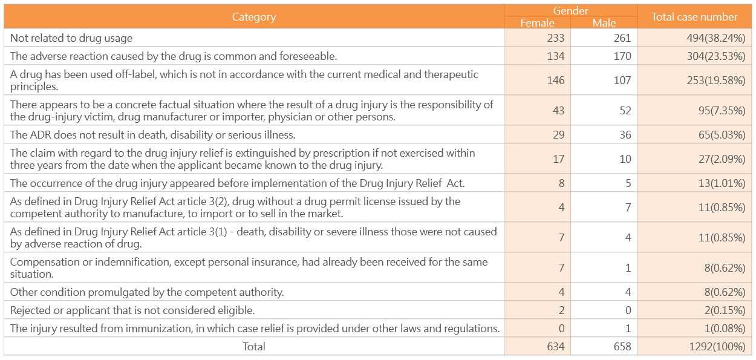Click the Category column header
pos(254,17)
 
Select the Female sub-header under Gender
pos(537,22)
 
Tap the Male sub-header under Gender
pos(604,22)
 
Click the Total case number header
pos(694,17)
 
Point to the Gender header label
pos(570,11)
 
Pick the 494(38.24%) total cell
pos(716,38)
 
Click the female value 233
pos(556,38)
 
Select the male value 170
pos(622,56)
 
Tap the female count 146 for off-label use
pos(556,80)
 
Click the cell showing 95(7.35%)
pos(722,111)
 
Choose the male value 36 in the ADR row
pos(625,135)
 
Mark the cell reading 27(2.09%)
pos(722,159)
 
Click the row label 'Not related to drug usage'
pos(71,38)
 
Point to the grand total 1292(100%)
pos(717,347)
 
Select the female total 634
pos(556,347)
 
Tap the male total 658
pos(622,347)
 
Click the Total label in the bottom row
pos(254,347)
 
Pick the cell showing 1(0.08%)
pos(725,329)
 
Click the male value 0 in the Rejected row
pos(628,310)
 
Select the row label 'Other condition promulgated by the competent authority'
pos(147,292)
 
